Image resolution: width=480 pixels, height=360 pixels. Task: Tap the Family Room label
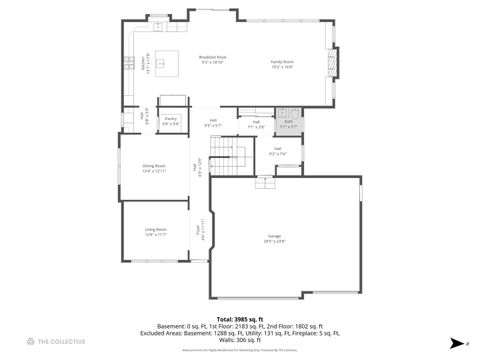point(282,62)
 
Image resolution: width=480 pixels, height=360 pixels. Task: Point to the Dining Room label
point(153,166)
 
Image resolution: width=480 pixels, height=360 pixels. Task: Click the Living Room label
point(155,231)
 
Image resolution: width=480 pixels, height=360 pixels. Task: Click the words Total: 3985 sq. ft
point(239,318)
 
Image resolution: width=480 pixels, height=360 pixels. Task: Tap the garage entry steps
point(265,184)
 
